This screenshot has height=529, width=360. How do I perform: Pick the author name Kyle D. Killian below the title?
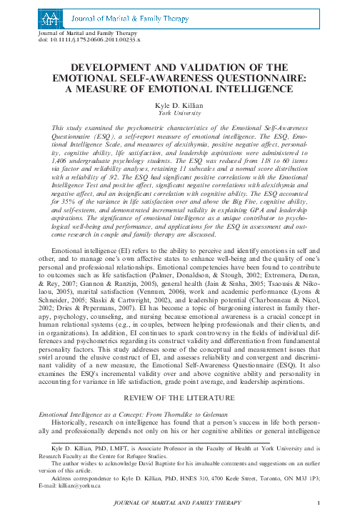180,105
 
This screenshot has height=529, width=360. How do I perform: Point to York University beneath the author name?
180,113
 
